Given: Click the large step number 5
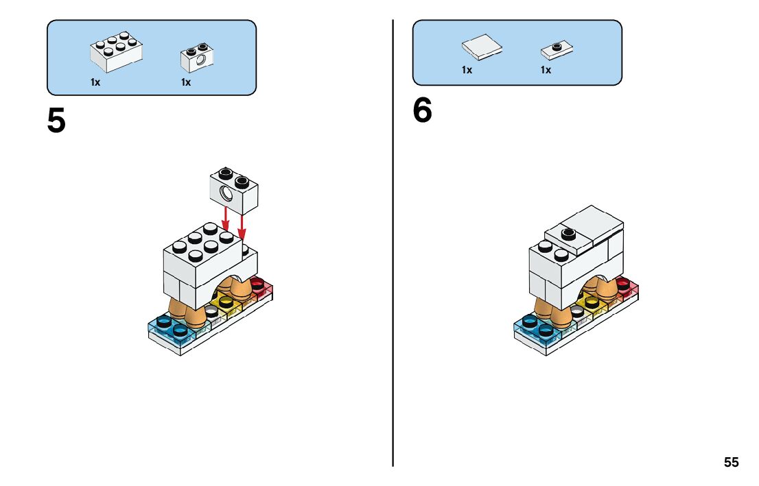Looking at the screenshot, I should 57,121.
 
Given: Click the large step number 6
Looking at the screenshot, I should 423,111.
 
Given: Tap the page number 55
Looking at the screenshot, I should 732,463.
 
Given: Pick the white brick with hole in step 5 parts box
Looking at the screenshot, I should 197,57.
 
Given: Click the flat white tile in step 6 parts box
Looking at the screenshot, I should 481,47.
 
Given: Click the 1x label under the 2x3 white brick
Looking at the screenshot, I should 95,82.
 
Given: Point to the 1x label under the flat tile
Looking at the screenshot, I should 467,70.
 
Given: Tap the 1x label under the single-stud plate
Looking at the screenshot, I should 546,70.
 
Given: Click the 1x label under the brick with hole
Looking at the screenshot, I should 186,82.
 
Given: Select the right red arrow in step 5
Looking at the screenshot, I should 242,226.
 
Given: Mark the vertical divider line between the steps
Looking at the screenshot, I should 393,240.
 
